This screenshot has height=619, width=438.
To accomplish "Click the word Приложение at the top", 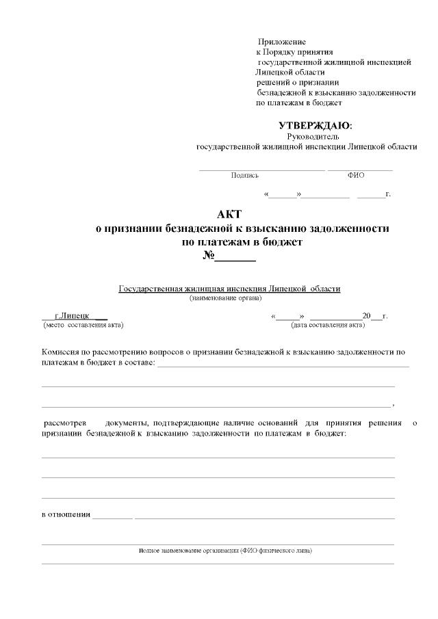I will click(281, 42).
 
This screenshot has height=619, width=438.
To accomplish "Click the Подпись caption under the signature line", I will click(245, 175).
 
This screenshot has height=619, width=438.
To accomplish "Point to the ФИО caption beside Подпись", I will click(356, 175).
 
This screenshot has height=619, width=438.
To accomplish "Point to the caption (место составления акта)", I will click(83, 325).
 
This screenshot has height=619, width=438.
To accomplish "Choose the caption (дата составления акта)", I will click(328, 325).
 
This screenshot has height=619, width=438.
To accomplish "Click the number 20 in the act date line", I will click(366, 316).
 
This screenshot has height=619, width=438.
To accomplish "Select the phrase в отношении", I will click(66, 514).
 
